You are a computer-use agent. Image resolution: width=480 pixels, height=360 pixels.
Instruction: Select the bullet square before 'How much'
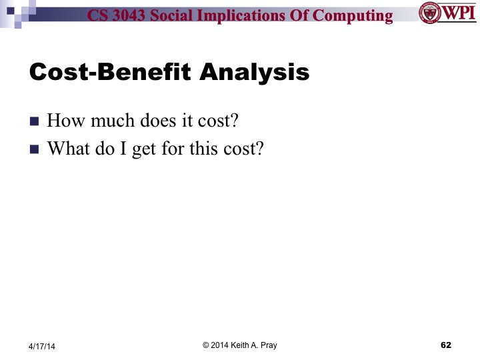coord(35,123)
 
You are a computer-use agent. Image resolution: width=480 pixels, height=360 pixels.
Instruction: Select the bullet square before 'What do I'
coord(35,149)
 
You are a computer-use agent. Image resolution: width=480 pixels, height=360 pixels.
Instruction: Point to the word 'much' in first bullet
coord(115,122)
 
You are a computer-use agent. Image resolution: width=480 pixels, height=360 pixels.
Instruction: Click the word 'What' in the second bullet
coord(66,149)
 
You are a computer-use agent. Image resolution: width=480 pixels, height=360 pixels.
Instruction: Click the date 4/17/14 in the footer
coord(42,345)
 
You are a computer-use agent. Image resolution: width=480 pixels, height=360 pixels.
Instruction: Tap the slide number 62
coord(446,345)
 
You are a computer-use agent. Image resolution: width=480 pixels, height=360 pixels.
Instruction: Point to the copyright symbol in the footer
coord(206,345)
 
